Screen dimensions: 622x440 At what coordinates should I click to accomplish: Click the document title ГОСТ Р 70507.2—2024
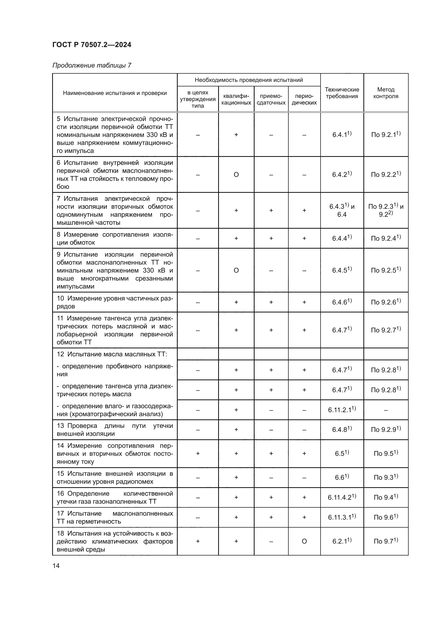click(92, 45)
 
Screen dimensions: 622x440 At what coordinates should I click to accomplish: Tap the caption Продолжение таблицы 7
click(92, 65)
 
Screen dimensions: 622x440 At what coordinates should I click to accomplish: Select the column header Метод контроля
click(385, 93)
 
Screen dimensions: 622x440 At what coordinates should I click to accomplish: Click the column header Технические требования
click(342, 93)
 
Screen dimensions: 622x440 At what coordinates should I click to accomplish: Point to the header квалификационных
click(236, 99)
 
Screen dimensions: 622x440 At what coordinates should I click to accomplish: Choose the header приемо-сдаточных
click(271, 99)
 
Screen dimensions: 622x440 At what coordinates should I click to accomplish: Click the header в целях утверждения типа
click(197, 99)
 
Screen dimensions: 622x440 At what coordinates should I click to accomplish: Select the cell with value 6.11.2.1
click(342, 410)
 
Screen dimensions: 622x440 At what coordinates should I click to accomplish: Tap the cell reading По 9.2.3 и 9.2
click(385, 210)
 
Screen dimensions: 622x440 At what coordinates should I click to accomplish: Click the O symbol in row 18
click(304, 541)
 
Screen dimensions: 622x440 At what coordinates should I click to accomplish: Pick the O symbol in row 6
click(236, 175)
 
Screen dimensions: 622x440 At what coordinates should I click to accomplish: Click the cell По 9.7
click(385, 541)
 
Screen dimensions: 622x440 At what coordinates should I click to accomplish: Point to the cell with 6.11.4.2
click(342, 497)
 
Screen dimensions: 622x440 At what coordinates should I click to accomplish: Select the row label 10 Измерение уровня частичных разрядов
click(115, 302)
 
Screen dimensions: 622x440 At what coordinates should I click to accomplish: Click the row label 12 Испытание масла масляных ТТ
click(112, 354)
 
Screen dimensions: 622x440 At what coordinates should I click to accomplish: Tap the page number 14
click(56, 566)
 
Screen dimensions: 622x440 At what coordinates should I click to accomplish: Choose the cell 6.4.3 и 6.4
click(342, 210)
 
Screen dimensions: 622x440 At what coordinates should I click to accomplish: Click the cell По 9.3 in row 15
click(385, 477)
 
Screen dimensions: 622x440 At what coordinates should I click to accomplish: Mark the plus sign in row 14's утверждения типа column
click(197, 453)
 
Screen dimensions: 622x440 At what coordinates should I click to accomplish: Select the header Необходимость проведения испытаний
click(248, 80)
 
